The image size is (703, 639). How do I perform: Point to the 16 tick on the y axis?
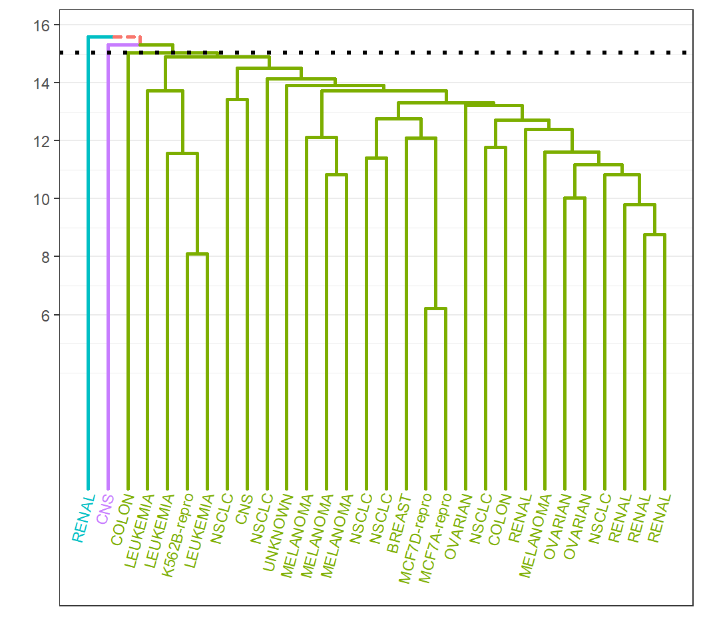[x=41, y=25]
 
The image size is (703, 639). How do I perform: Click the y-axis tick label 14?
[x=41, y=83]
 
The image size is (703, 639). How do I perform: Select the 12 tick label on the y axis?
[x=41, y=141]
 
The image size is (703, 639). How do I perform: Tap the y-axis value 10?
[x=41, y=199]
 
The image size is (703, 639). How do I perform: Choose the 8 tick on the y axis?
[x=44, y=257]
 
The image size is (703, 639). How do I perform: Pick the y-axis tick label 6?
[x=44, y=315]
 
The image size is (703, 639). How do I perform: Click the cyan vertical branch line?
[x=88, y=266]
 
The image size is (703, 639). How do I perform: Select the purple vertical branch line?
[x=108, y=266]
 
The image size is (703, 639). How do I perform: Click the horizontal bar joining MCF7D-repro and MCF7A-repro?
[x=435, y=309]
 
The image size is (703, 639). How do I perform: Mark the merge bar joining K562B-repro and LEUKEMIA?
[x=197, y=254]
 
